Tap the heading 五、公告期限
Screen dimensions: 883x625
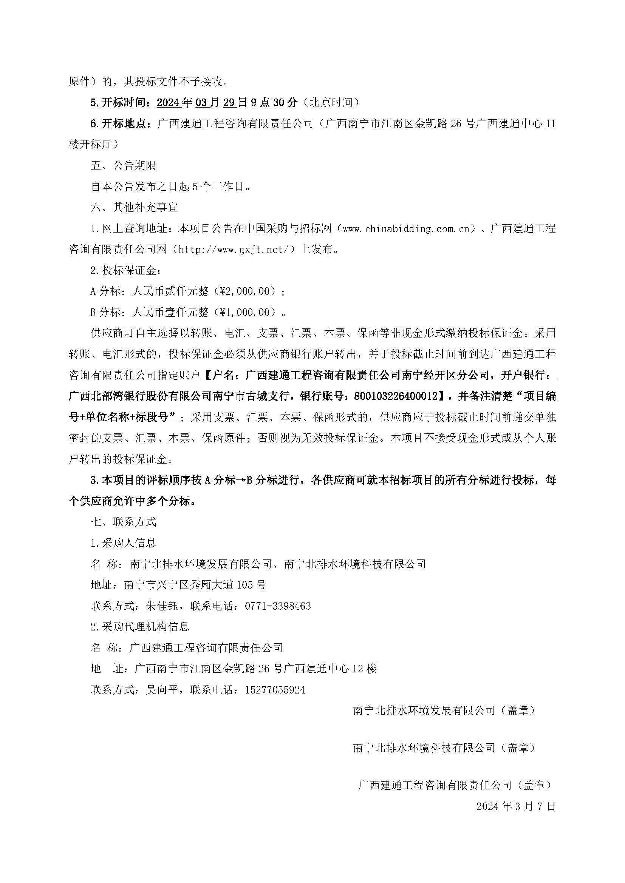click(123, 166)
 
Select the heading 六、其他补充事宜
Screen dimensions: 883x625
click(134, 208)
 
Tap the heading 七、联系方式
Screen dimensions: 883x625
click(123, 522)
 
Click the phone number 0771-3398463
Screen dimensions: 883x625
click(277, 607)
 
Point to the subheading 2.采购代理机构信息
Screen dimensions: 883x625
click(140, 627)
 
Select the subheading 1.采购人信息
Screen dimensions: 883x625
click(123, 543)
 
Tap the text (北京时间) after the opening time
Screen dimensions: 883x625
click(331, 103)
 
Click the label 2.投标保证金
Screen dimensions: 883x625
click(124, 271)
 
